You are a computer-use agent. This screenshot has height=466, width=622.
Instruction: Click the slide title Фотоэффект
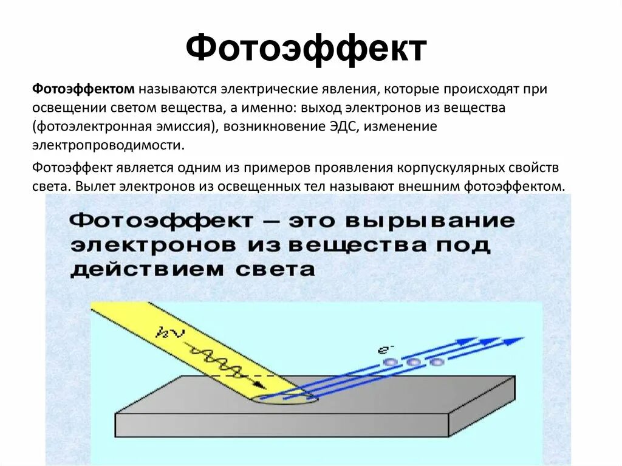[306, 48]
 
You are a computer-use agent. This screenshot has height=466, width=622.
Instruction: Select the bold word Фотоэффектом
[83, 89]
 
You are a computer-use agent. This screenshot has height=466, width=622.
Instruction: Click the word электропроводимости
[108, 146]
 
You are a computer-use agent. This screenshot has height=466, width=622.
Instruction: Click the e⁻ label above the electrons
[386, 350]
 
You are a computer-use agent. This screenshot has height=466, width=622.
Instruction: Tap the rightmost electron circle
[436, 362]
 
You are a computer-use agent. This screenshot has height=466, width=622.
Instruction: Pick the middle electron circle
[414, 362]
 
